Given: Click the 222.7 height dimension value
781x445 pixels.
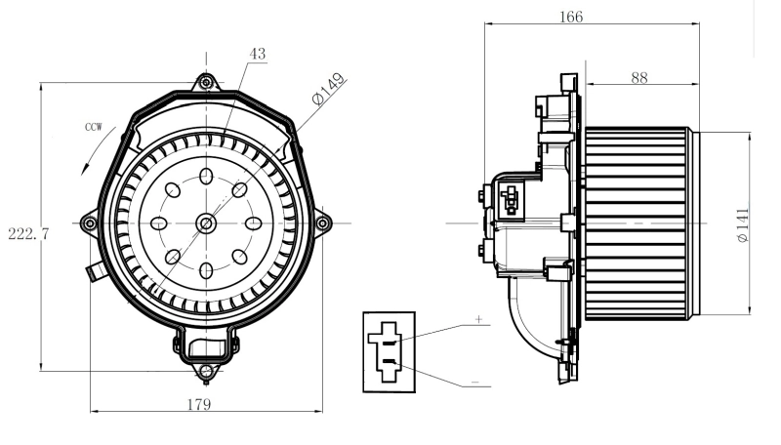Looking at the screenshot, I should click(28, 234).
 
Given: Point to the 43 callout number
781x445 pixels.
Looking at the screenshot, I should click(257, 56).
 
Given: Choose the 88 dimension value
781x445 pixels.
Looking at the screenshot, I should click(639, 78).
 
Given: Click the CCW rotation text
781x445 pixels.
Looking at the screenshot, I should click(94, 127).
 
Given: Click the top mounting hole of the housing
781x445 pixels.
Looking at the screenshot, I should click(206, 83).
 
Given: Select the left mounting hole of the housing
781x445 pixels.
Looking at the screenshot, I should click(90, 223).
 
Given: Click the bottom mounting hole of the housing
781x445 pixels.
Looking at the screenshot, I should click(205, 371).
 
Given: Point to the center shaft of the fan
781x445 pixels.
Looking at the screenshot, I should click(206, 223).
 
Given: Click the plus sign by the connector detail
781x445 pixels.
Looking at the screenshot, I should click(479, 319).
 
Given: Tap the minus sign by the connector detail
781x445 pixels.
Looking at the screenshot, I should click(474, 382).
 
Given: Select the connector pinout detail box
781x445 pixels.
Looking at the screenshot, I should click(389, 351).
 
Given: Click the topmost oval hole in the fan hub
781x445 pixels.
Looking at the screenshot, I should click(206, 177).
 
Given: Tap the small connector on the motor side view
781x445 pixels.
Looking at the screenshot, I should click(509, 200).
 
